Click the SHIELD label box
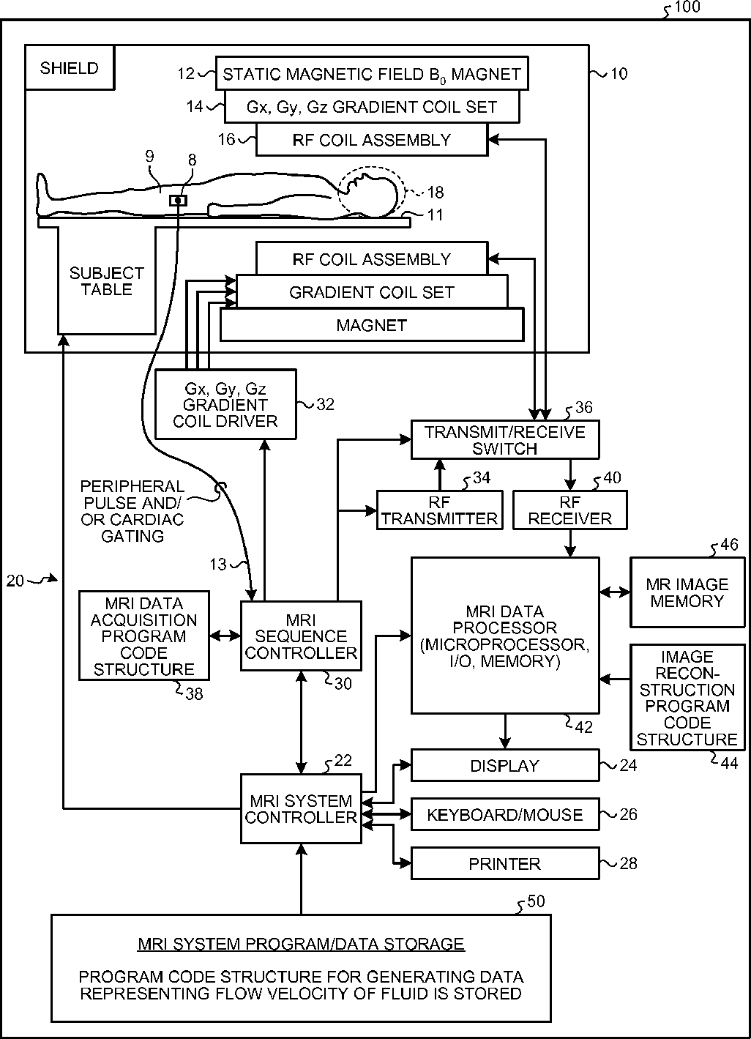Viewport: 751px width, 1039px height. pos(70,68)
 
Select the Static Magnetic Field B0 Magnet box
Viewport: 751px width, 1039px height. pos(372,73)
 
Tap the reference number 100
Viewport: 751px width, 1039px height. pos(687,7)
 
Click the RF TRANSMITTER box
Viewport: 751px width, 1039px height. pos(439,510)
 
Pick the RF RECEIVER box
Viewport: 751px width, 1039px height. pos(569,510)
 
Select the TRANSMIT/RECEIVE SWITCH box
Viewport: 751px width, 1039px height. pos(505,440)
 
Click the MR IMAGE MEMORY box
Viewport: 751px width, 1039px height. pos(687,592)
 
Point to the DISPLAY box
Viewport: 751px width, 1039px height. pos(505,766)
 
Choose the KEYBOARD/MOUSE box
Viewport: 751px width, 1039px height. pos(505,815)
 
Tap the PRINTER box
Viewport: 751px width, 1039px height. pos(505,864)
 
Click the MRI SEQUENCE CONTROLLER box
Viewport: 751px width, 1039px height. pos(301,636)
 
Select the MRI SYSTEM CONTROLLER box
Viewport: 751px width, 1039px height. pos(301,809)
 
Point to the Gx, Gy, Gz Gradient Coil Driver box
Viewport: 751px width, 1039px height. pos(225,404)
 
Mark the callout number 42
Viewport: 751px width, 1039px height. pos(583,728)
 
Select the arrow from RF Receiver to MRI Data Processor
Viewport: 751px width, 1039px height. pos(570,544)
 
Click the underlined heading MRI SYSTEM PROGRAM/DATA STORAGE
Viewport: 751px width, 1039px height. pos(301,944)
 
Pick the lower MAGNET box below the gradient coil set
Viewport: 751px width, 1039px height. pos(372,325)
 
